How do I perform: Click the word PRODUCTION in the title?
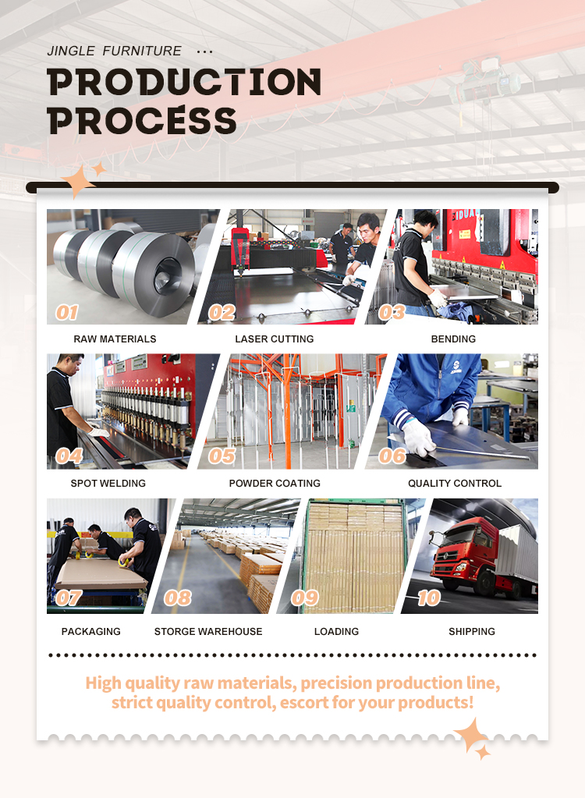click(x=184, y=82)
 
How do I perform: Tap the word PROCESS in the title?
click(x=142, y=121)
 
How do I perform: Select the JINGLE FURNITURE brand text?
click(x=114, y=51)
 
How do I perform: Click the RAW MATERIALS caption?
click(x=115, y=339)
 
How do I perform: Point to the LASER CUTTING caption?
click(x=275, y=339)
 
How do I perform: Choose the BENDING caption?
click(x=453, y=339)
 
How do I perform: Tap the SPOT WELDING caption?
click(x=108, y=483)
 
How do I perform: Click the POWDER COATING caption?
click(x=275, y=483)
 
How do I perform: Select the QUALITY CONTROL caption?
click(x=455, y=483)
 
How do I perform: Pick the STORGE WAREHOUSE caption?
click(x=208, y=631)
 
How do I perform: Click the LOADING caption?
click(x=336, y=631)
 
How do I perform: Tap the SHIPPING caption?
click(x=472, y=631)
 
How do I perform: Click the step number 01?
click(x=67, y=312)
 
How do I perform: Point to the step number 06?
click(x=392, y=456)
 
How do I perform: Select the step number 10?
click(x=429, y=598)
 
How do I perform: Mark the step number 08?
click(x=178, y=598)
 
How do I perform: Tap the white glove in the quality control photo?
click(x=418, y=437)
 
